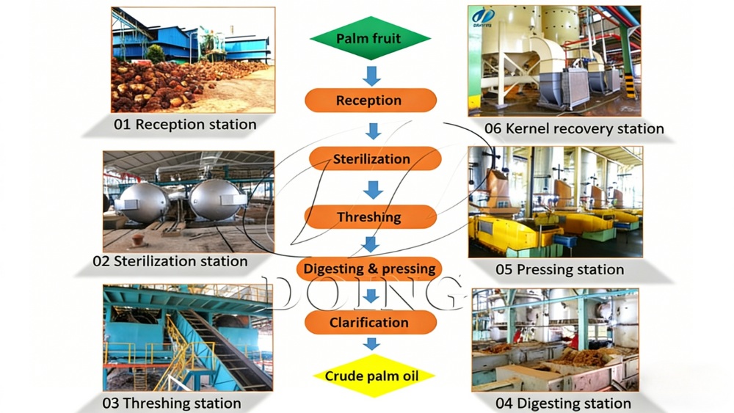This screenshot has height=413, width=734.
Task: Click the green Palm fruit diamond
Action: click(369, 38)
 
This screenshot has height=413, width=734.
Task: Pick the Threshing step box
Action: click(370, 217)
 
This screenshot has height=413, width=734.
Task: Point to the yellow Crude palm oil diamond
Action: click(370, 376)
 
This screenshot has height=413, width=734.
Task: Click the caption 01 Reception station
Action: click(185, 125)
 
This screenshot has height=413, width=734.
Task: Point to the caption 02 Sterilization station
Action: click(170, 261)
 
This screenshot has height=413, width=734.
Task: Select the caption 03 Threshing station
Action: click(172, 403)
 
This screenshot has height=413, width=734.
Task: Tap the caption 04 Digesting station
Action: click(563, 403)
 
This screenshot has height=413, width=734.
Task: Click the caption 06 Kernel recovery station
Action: click(574, 129)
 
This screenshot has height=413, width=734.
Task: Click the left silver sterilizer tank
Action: click(144, 203)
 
